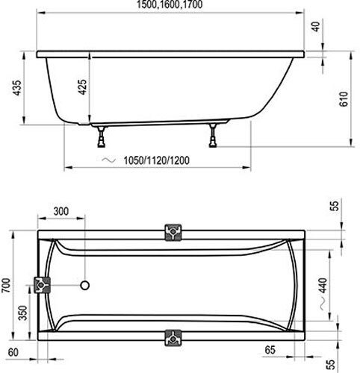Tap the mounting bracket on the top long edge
(173, 232)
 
